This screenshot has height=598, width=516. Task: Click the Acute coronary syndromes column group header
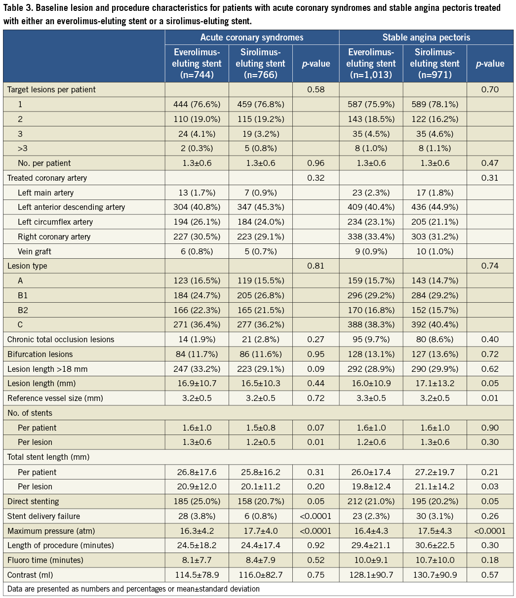[x=252, y=38]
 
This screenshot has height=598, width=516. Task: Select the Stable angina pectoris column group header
[x=426, y=38]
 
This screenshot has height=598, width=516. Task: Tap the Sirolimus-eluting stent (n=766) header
[x=260, y=64]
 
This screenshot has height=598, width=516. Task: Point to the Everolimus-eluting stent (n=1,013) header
[x=371, y=64]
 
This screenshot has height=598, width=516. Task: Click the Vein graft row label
[x=35, y=251]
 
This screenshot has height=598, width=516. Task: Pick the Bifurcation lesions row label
[x=40, y=354]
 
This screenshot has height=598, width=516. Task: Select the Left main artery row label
[x=42, y=192]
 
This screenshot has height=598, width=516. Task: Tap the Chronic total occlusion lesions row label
[x=61, y=339]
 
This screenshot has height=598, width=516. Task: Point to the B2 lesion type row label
[x=23, y=310]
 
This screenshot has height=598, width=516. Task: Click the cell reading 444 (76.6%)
[x=197, y=104]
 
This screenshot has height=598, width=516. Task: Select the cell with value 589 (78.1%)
[x=435, y=104]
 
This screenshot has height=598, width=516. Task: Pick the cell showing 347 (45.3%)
[x=260, y=207]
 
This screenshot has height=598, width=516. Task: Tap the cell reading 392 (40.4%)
[x=435, y=324]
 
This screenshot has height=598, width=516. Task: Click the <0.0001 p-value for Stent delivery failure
[x=316, y=516]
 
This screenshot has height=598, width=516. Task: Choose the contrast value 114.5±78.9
[x=197, y=575]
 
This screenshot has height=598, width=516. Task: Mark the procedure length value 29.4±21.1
[x=371, y=545]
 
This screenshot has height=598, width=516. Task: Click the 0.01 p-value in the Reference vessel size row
[x=490, y=398]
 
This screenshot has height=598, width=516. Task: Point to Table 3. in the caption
[x=18, y=8]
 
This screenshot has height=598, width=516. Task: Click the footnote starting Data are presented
[x=133, y=589]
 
